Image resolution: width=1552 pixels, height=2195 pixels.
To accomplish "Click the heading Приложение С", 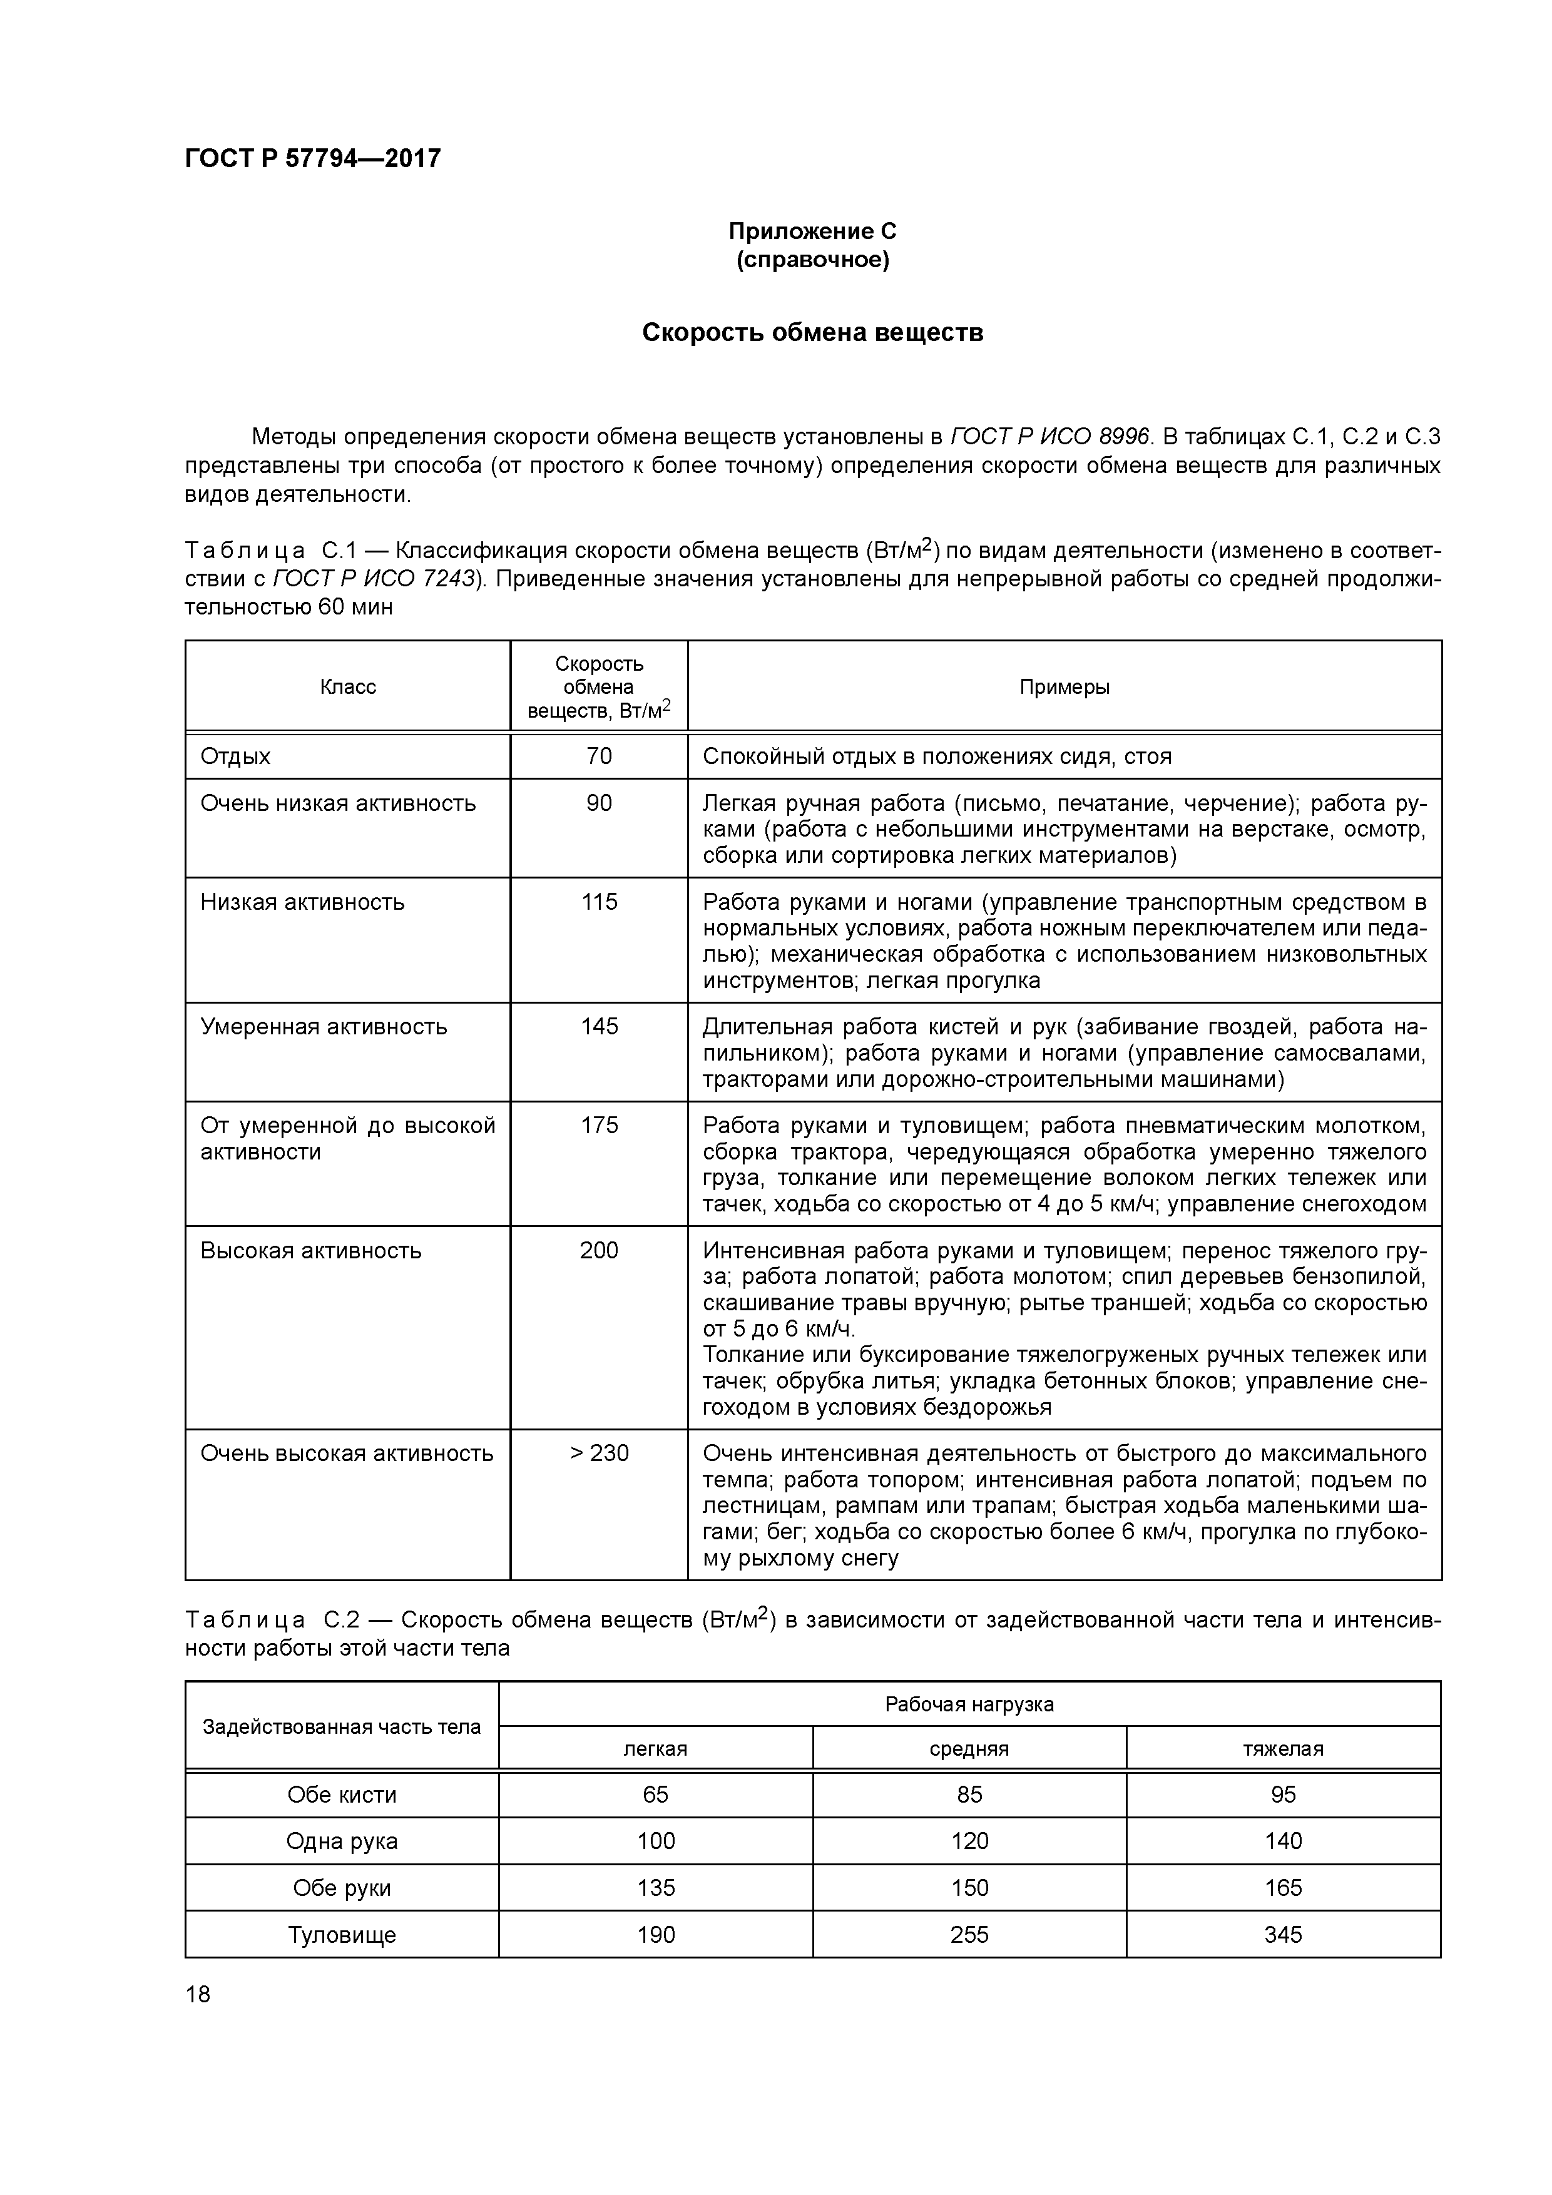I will (x=812, y=232).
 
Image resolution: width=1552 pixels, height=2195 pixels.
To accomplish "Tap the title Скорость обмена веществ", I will (x=812, y=333).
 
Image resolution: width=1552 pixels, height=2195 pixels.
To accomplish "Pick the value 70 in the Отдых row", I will (x=599, y=756).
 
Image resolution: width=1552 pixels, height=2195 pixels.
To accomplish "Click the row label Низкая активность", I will (x=302, y=902).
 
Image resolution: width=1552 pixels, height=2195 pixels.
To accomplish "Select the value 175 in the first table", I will (x=599, y=1125).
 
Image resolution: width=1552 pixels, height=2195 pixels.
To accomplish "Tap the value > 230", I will (x=599, y=1453).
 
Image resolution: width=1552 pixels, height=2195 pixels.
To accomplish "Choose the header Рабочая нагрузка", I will (x=969, y=1704).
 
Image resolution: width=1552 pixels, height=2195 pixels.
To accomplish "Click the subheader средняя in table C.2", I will (x=969, y=1748).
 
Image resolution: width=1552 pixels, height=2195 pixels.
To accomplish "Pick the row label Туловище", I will (x=342, y=1935).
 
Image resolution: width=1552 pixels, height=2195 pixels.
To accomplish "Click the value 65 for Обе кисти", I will (x=655, y=1795).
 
